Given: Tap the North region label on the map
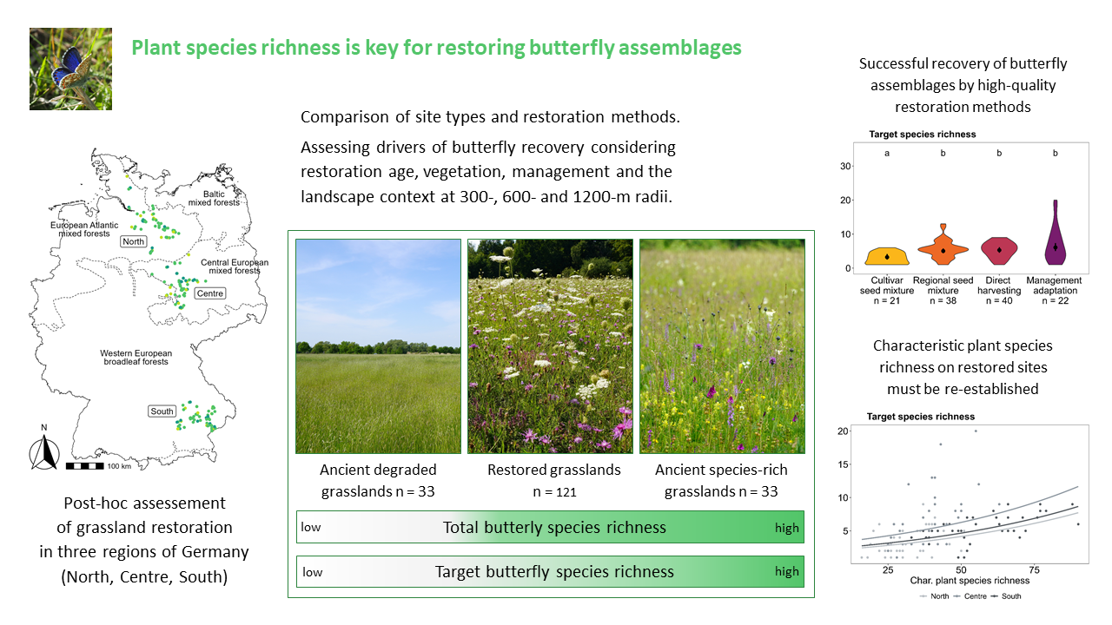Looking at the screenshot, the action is point(134,241).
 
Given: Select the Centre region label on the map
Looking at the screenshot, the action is point(210,293).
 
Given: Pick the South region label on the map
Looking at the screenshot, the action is point(162,411).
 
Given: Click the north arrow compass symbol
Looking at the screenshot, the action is point(44,452).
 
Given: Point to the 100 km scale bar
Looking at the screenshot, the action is point(85,466).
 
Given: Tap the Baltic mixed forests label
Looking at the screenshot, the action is point(214,199).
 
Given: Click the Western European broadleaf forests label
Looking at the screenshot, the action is point(136,357).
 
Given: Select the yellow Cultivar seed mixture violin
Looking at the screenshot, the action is point(887,256).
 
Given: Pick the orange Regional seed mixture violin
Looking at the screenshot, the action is point(943,247).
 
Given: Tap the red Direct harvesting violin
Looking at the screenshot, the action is point(999,251).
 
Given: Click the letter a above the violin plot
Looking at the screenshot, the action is point(887,154).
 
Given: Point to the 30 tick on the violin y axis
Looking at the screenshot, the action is point(845,166).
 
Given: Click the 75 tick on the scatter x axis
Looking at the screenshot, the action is point(1034,570).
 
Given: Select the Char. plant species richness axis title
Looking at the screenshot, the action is point(970,581).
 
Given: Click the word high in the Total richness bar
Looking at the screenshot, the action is point(787,528).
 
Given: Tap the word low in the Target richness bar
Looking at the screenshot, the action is point(313,572).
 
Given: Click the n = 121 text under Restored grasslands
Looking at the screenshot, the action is point(554,492).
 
